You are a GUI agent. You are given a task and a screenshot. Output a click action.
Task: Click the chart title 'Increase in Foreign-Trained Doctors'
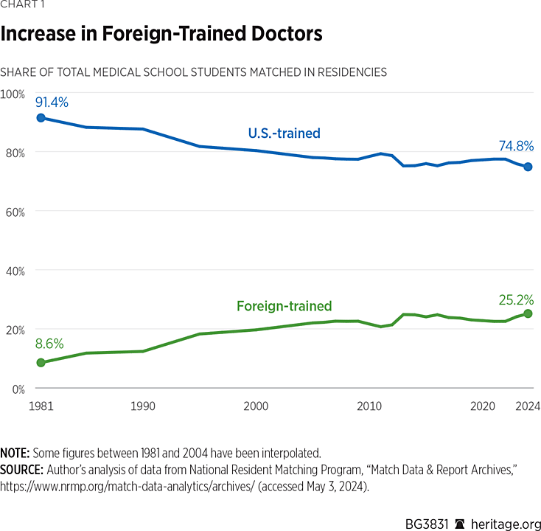coord(161,35)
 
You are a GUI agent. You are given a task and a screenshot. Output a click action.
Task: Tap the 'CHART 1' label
coord(21,7)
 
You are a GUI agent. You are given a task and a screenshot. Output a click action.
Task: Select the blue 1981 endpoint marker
coord(41,118)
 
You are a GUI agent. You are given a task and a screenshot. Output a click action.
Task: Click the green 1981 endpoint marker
coord(41,363)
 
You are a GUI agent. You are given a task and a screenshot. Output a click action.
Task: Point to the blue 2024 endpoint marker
coord(528,167)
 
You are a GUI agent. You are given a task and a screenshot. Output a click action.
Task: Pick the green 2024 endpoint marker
coord(528,313)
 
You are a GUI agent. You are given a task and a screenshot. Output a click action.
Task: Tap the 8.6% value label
coord(49,344)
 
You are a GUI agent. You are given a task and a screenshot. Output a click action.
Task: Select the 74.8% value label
coord(516,146)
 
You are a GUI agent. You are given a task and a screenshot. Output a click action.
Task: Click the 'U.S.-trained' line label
coord(284,133)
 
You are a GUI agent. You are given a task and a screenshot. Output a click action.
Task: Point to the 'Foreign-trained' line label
coord(284,306)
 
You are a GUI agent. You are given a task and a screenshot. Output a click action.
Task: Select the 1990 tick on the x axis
coord(143,406)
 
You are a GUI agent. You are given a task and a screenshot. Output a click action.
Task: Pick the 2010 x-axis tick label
coord(369,406)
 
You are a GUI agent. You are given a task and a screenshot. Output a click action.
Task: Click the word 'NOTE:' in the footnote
coord(15,452)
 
